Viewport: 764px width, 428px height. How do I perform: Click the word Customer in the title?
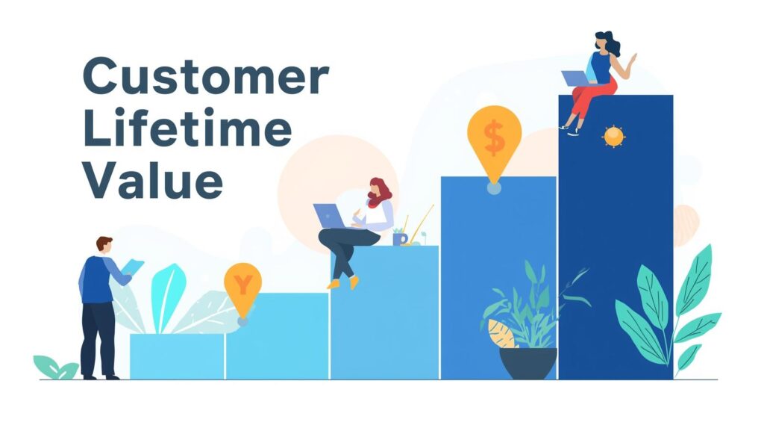(x=206, y=76)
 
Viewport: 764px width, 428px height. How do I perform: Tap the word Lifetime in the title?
(x=187, y=128)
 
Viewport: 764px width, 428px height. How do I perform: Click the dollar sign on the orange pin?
(x=495, y=137)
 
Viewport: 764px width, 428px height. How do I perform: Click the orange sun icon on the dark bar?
(x=613, y=136)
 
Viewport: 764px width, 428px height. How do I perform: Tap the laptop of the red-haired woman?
(x=329, y=216)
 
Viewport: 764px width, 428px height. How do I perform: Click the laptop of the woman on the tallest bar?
(x=576, y=78)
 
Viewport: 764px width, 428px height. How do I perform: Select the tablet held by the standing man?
(x=133, y=267)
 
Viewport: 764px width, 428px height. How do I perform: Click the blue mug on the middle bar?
(x=400, y=238)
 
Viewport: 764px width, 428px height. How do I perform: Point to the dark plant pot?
(x=528, y=363)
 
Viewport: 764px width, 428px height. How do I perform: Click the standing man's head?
(x=104, y=244)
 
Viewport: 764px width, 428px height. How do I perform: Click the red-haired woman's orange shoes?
(x=343, y=282)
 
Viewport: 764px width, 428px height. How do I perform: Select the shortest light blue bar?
(x=177, y=356)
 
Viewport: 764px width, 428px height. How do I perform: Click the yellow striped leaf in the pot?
(x=501, y=334)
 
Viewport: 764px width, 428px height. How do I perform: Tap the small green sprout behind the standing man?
(x=55, y=367)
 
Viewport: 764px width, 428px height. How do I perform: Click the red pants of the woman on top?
(x=592, y=99)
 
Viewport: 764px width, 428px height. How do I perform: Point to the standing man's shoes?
(x=101, y=376)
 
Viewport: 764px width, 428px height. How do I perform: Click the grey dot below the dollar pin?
(x=494, y=188)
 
